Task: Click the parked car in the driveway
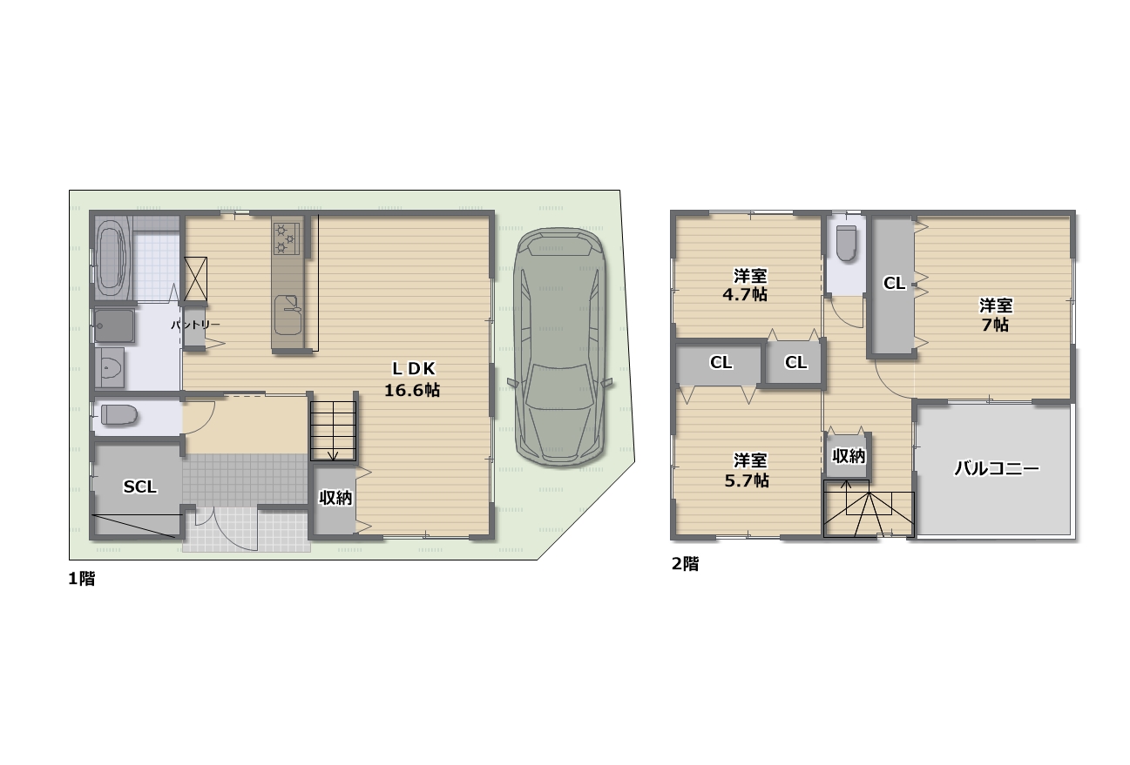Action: [x=560, y=346]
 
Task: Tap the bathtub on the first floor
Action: [x=112, y=258]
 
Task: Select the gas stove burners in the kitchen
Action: [x=287, y=238]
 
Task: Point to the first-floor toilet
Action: [x=119, y=415]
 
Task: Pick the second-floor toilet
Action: [x=847, y=243]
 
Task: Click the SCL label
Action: [x=139, y=487]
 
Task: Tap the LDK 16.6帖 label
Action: [x=413, y=379]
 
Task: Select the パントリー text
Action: [x=195, y=325]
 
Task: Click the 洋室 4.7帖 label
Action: [x=746, y=285]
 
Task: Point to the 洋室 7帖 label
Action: [x=995, y=315]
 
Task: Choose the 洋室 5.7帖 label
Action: [x=748, y=470]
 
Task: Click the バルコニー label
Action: [x=997, y=469]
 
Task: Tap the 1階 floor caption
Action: [x=82, y=579]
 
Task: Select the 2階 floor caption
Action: [x=685, y=563]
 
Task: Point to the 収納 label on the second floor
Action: [x=849, y=456]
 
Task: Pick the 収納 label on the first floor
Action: [x=335, y=498]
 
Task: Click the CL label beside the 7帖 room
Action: [x=895, y=283]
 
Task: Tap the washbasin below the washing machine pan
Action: [x=110, y=367]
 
